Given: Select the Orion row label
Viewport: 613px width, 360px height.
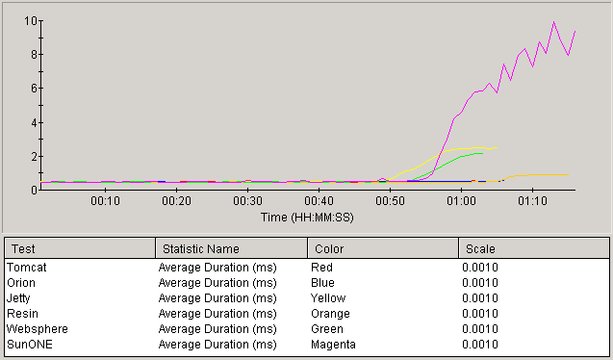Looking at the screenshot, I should tap(21, 282).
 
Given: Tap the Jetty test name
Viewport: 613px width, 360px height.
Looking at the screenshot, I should tap(20, 297).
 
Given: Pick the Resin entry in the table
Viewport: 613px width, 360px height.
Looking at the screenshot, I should tap(22, 313).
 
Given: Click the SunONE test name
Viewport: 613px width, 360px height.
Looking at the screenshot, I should tap(27, 344).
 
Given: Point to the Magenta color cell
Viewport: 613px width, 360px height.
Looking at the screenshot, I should tap(333, 344).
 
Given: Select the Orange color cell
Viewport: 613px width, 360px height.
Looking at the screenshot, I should tap(330, 313).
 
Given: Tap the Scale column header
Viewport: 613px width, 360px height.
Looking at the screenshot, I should tap(479, 249).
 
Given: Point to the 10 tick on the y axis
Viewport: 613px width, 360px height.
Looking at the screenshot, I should tap(32, 20).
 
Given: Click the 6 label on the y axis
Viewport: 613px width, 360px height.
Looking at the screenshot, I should tap(34, 89).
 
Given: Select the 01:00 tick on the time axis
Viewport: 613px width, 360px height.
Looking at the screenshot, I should tap(461, 201).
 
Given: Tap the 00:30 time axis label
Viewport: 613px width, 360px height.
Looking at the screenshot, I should tap(247, 201).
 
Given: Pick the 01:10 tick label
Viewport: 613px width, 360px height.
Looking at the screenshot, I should tap(532, 201).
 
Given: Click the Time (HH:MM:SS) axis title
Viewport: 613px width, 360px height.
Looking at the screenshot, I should tap(306, 218).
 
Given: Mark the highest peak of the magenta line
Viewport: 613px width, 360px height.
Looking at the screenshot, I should tap(553, 22).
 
